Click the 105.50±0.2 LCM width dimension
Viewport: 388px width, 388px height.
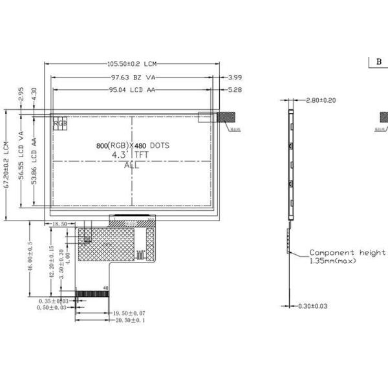pos(132,64)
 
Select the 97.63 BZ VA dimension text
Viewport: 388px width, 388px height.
pos(133,77)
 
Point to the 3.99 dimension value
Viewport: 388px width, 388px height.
pos(235,77)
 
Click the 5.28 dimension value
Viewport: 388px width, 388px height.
pos(235,90)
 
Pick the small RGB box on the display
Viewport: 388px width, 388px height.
pos(59,122)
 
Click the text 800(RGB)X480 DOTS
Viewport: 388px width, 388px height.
pos(132,145)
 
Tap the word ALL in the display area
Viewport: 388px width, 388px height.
pos(131,166)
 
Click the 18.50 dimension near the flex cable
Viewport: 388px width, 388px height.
pos(59,224)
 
